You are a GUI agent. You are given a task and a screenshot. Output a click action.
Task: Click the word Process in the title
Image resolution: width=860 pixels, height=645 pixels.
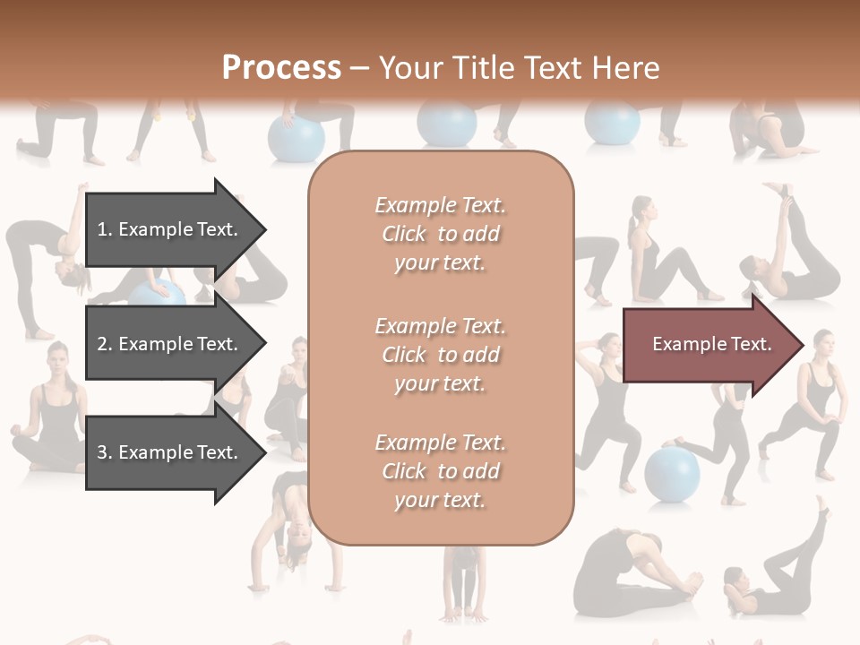click(281, 68)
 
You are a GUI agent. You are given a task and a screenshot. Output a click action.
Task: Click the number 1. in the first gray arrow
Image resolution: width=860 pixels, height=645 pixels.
click(105, 229)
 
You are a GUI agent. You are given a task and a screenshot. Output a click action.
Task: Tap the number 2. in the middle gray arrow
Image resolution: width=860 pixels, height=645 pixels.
click(105, 344)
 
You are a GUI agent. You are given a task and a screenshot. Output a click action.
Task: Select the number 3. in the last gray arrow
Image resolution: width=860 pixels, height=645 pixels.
click(105, 452)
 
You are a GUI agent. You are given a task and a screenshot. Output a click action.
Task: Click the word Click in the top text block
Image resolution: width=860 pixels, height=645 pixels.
click(404, 234)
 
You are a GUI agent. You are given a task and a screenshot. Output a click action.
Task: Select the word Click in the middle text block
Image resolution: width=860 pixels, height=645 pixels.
click(404, 355)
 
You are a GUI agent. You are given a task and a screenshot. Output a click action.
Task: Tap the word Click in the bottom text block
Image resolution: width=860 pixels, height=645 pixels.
click(404, 471)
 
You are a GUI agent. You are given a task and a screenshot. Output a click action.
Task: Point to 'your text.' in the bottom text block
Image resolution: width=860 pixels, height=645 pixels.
click(440, 500)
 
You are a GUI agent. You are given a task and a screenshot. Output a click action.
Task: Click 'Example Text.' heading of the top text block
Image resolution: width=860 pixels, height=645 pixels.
click(440, 205)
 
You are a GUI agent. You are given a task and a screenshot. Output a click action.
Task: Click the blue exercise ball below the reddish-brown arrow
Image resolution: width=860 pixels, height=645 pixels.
click(672, 472)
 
